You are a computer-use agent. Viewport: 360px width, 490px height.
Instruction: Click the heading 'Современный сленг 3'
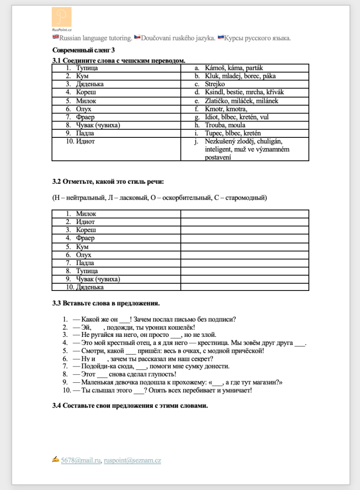point(84,50)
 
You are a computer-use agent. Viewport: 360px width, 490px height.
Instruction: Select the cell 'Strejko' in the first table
point(215,84)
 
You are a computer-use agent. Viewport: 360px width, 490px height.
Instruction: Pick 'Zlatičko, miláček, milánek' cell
point(241,100)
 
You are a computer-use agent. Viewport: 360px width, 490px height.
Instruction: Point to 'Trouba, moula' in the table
point(224,125)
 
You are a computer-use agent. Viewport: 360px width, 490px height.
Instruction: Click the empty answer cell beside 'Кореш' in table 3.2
point(244,230)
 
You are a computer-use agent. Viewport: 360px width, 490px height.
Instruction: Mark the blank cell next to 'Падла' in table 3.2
point(244,263)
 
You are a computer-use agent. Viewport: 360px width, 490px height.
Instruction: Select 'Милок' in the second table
point(86,214)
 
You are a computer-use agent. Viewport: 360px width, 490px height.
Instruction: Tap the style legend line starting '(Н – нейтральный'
point(159,198)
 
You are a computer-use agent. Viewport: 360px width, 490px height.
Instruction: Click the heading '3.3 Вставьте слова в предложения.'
point(106,303)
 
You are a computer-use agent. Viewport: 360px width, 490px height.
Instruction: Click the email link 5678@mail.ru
point(81,461)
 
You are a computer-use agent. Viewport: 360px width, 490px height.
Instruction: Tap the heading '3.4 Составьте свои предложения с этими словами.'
point(130,406)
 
